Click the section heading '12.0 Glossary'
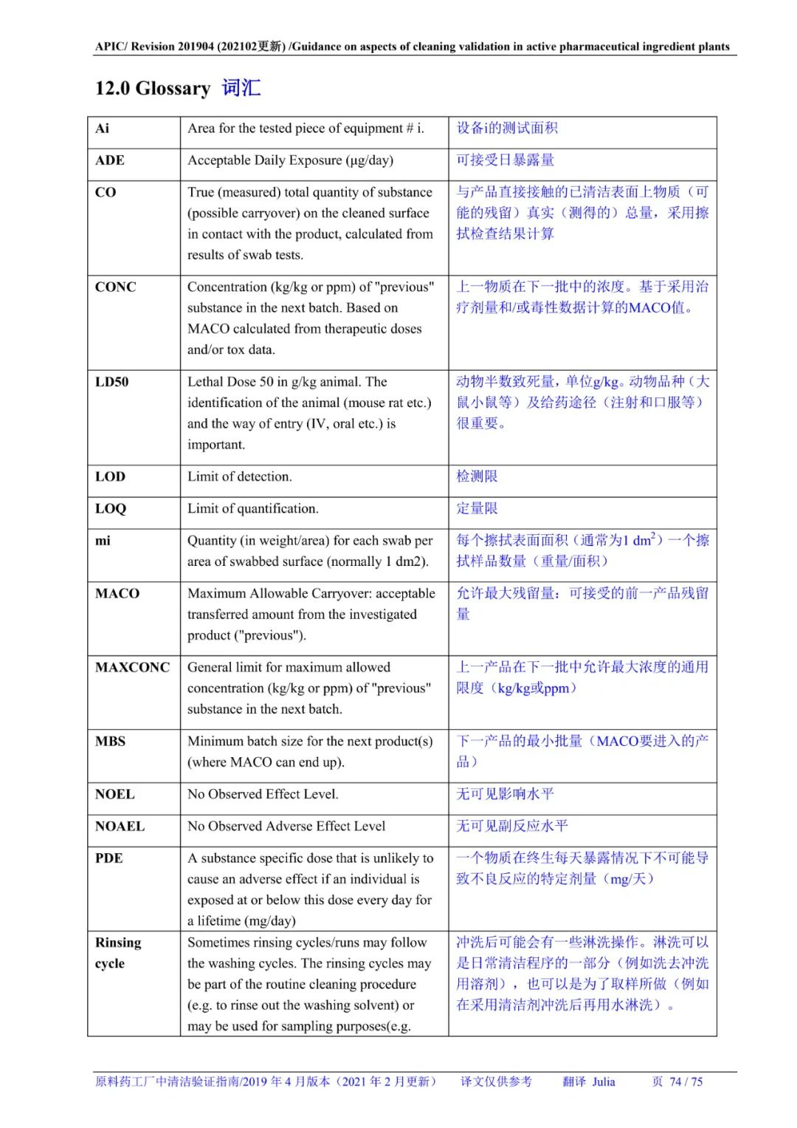point(153,89)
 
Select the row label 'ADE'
point(110,160)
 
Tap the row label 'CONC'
point(115,287)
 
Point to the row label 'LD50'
point(111,382)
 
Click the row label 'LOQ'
point(111,509)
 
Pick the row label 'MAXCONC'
point(132,668)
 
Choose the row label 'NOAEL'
point(120,827)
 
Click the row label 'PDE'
point(108,858)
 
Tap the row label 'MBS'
point(110,742)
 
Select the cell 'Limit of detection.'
point(240,477)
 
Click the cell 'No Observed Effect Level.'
point(263,795)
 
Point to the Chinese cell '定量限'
point(477,509)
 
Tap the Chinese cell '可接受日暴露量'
point(505,160)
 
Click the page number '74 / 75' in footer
point(686,1082)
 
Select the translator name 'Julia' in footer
point(603,1082)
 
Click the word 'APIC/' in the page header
point(111,47)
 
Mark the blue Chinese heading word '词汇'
point(241,89)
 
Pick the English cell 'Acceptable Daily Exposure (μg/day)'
point(290,160)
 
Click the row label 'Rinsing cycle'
point(117,953)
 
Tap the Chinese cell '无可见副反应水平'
point(511,827)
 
